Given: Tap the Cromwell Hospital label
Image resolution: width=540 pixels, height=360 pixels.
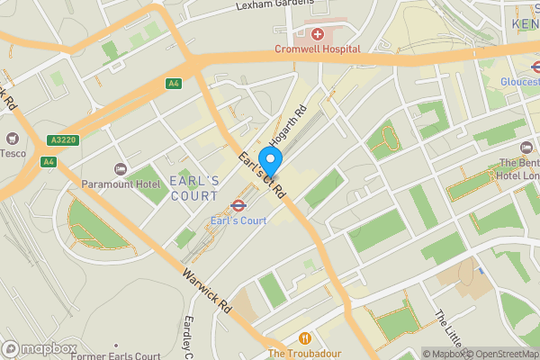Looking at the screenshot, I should pos(317,49).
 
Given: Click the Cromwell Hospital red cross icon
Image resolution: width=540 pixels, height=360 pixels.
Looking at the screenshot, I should pos(317,34).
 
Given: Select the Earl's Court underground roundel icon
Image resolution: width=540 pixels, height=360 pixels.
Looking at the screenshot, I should pos(238,205).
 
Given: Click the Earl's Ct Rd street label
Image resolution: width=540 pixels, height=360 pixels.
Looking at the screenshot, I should pos(262,174).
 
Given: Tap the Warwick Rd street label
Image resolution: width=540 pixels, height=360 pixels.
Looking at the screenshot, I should pos(208,289).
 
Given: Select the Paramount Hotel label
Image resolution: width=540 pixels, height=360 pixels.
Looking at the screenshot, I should pos(125,184).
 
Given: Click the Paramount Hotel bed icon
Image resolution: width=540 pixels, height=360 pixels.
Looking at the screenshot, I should pos(120,169).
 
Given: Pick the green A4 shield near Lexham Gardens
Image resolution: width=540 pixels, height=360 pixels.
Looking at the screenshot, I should pos(173,84).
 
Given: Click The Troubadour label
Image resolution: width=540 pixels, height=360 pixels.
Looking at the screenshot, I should pos(305,354).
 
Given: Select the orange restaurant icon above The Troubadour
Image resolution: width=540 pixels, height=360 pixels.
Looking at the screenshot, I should pos(305,338).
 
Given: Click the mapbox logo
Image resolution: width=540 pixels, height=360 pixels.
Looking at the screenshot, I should pos(39,348).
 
